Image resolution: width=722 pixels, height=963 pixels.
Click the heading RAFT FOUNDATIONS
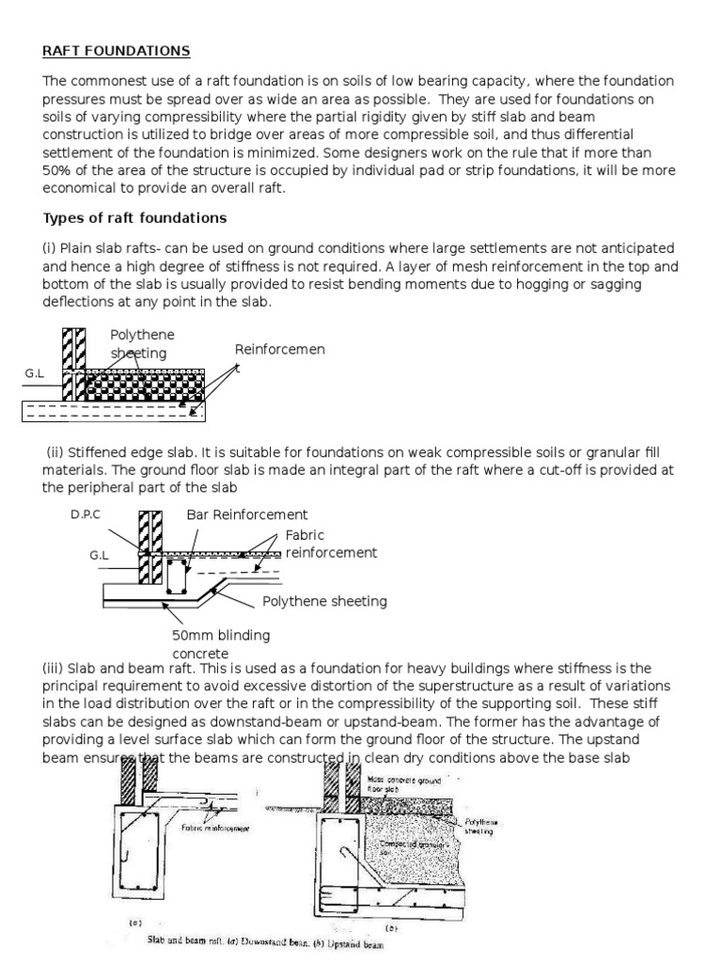[x=117, y=50]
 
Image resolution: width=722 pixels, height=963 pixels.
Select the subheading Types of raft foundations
[x=134, y=218]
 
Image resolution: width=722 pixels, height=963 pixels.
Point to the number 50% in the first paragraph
[x=57, y=170]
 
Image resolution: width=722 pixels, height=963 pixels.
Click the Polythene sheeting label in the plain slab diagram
[x=142, y=344]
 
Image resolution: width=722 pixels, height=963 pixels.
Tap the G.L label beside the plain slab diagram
[x=35, y=374]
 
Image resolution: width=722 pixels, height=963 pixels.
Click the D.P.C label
[x=85, y=516]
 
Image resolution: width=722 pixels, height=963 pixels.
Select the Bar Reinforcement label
[x=246, y=514]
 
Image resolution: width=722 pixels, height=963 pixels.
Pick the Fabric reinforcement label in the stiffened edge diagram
[x=331, y=544]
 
